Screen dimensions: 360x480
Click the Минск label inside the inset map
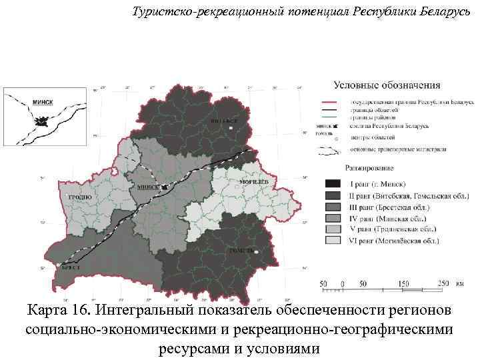pos(42,102)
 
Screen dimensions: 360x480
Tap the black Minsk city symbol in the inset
pos(42,122)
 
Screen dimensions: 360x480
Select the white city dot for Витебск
pos(231,127)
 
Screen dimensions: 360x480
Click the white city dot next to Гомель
pos(255,251)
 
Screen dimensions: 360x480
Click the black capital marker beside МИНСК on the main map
pos(164,187)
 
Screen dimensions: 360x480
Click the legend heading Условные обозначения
pos(387,85)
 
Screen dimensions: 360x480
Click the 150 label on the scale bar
pos(403,283)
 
